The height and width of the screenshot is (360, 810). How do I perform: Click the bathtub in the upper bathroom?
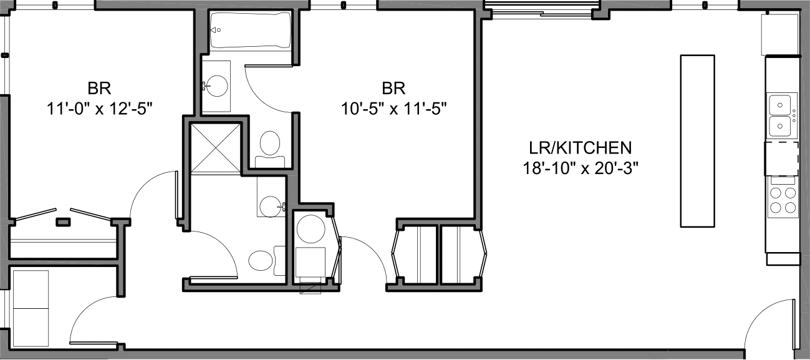(250, 29)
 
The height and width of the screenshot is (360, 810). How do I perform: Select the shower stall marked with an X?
(214, 147)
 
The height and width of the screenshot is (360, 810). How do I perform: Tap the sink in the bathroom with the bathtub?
(216, 86)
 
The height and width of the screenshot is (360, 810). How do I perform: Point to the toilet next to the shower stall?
(270, 145)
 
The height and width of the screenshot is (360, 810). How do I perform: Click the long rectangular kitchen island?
(697, 141)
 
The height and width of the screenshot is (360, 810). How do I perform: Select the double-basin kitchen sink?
(782, 115)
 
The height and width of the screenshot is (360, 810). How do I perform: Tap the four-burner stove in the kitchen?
(783, 200)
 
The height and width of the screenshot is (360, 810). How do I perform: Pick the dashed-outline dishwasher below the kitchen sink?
(782, 158)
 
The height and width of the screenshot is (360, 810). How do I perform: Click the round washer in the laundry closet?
(309, 228)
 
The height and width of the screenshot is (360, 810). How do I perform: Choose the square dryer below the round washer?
(310, 262)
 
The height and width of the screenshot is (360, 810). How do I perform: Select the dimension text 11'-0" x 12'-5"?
(100, 108)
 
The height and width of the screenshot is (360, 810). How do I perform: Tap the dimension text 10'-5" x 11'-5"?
(395, 108)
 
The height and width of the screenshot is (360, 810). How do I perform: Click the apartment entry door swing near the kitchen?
(768, 324)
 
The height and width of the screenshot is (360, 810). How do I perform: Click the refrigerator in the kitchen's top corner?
(779, 34)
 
